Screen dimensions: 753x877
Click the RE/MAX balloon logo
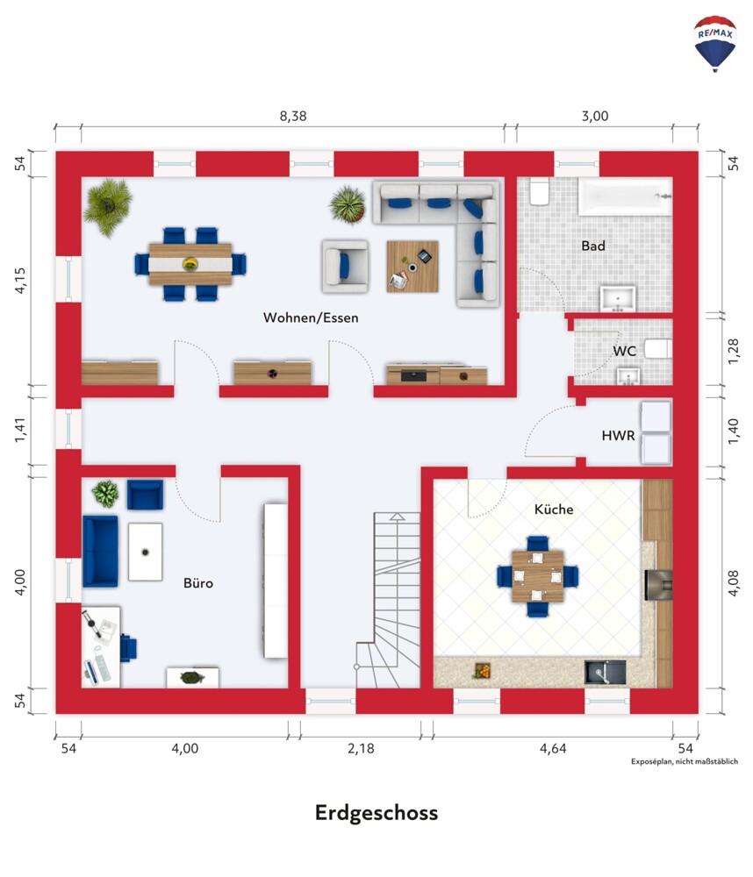pyautogui.click(x=715, y=44)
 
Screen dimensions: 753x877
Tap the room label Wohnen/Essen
pyautogui.click(x=311, y=317)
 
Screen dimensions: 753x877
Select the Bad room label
pyautogui.click(x=593, y=246)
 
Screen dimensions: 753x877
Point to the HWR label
pyautogui.click(x=618, y=435)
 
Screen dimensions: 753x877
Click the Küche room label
pyautogui.click(x=554, y=509)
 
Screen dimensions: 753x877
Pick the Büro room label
pyautogui.click(x=198, y=583)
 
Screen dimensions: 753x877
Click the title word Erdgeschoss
pyautogui.click(x=376, y=812)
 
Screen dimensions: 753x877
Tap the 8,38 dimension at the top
pyautogui.click(x=293, y=116)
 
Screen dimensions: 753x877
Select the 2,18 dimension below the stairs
pyautogui.click(x=361, y=748)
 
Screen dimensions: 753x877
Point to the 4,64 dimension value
pyautogui.click(x=553, y=748)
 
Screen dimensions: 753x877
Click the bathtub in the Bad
pyautogui.click(x=625, y=196)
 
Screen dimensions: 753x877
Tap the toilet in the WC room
pyautogui.click(x=658, y=348)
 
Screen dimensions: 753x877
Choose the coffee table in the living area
pyautogui.click(x=412, y=267)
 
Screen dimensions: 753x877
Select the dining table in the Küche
pyautogui.click(x=537, y=576)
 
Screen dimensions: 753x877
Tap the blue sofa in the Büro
pyautogui.click(x=101, y=552)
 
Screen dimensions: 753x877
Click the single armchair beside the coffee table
pyautogui.click(x=345, y=267)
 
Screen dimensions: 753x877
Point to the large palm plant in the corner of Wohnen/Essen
pyautogui.click(x=107, y=206)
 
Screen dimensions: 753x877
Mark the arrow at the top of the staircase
pyautogui.click(x=397, y=517)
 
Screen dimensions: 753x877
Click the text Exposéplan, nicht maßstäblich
pyautogui.click(x=685, y=761)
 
